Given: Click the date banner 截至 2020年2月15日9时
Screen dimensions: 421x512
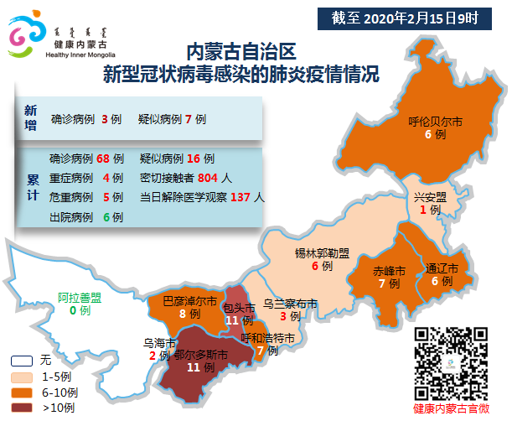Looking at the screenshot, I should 411,16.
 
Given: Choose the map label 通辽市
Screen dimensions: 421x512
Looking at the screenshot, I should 442,269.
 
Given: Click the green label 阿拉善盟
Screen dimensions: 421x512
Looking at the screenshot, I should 79,298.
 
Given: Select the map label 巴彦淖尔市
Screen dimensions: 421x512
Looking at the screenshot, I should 189,300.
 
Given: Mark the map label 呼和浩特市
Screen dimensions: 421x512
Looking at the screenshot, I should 268,338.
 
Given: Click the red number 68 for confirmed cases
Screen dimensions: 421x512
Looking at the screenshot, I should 104,159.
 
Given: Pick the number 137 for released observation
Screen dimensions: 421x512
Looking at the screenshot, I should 241,198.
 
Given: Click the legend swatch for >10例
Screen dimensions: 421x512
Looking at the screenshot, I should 22,408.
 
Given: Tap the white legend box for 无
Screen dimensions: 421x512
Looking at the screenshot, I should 22,361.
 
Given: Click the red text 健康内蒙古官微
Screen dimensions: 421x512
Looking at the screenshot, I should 452,408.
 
